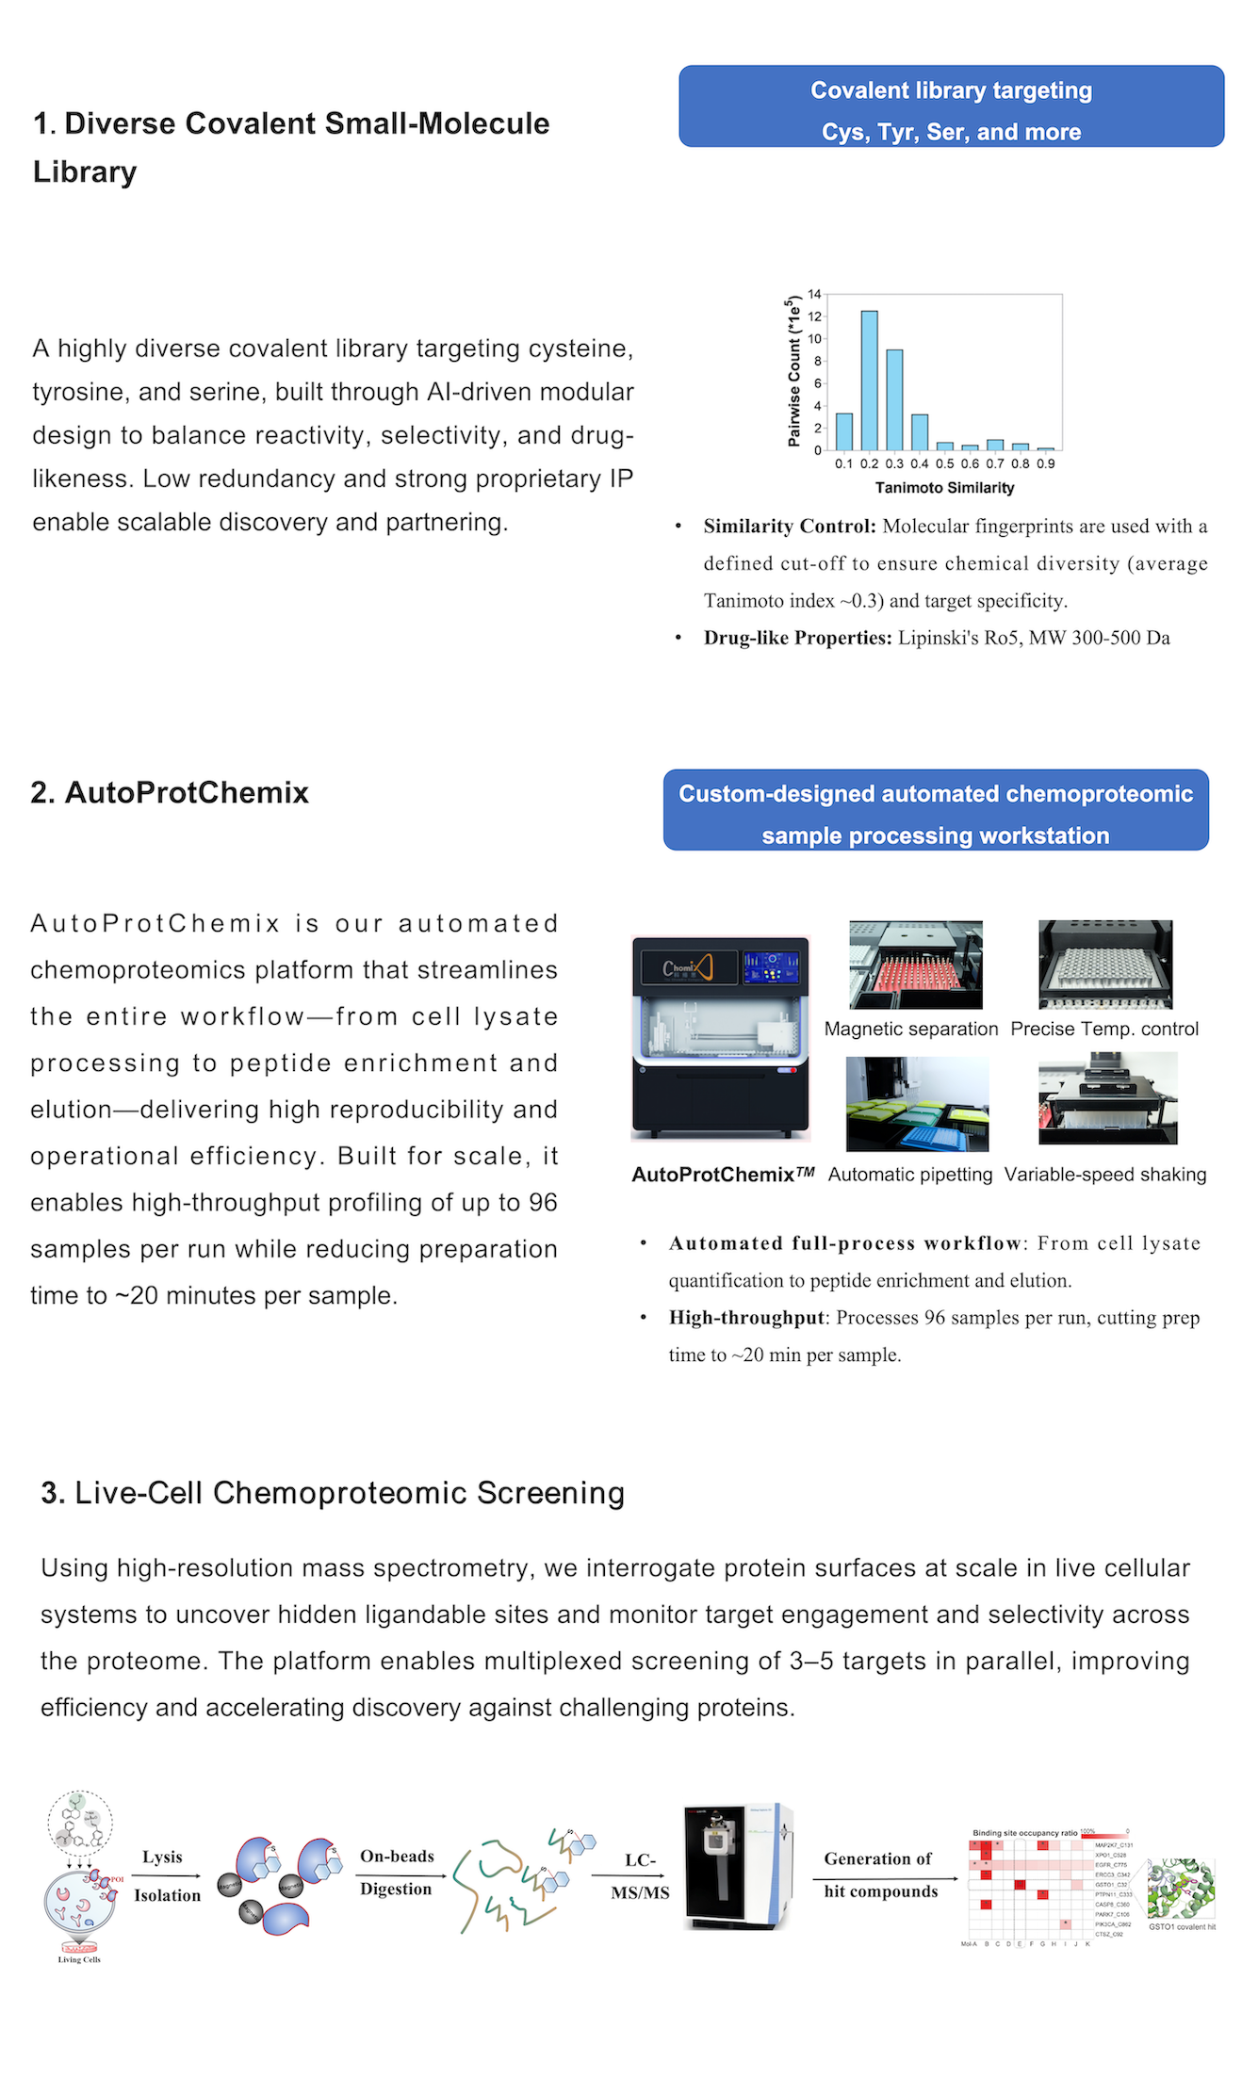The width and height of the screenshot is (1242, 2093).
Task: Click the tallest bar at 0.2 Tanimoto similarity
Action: (869, 381)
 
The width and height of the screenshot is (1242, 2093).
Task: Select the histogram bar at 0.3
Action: (894, 399)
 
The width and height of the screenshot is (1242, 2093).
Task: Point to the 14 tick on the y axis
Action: (814, 294)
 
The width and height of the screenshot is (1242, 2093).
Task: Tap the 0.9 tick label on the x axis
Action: (1045, 463)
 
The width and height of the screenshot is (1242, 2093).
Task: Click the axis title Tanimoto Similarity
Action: (944, 488)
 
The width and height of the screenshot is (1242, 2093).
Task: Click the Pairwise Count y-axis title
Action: (793, 371)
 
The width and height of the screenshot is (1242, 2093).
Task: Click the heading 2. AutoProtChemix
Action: (170, 792)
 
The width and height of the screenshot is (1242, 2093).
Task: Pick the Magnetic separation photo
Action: (915, 965)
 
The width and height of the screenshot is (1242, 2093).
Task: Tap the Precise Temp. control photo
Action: (1105, 965)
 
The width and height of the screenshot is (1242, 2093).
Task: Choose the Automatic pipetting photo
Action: (917, 1103)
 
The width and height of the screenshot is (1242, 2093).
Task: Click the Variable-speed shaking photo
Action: (1107, 1098)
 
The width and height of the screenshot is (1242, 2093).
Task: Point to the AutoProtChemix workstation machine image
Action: (721, 1037)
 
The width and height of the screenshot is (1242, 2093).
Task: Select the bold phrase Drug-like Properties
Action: (797, 638)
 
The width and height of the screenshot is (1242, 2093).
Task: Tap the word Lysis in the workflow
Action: (162, 1857)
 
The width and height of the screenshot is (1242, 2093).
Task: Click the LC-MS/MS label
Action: (640, 1875)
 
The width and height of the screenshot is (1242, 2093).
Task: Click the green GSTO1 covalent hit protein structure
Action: (1181, 1889)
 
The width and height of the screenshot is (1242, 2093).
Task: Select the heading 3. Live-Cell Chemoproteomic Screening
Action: (333, 1493)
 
